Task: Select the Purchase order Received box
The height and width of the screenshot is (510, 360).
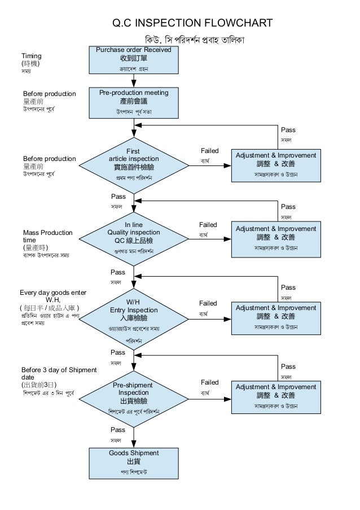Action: point(134,59)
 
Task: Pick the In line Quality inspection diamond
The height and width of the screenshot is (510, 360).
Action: point(134,238)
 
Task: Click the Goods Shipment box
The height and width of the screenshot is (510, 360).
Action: point(134,462)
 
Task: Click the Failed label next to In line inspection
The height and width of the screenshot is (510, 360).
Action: point(209,225)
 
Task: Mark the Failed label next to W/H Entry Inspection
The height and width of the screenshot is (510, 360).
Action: point(209,304)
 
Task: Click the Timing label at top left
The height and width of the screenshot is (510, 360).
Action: point(32,56)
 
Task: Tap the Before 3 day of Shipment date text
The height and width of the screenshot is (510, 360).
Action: point(59,373)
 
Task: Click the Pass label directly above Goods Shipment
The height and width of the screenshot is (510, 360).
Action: point(118,430)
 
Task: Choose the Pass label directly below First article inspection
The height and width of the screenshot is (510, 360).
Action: point(118,197)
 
